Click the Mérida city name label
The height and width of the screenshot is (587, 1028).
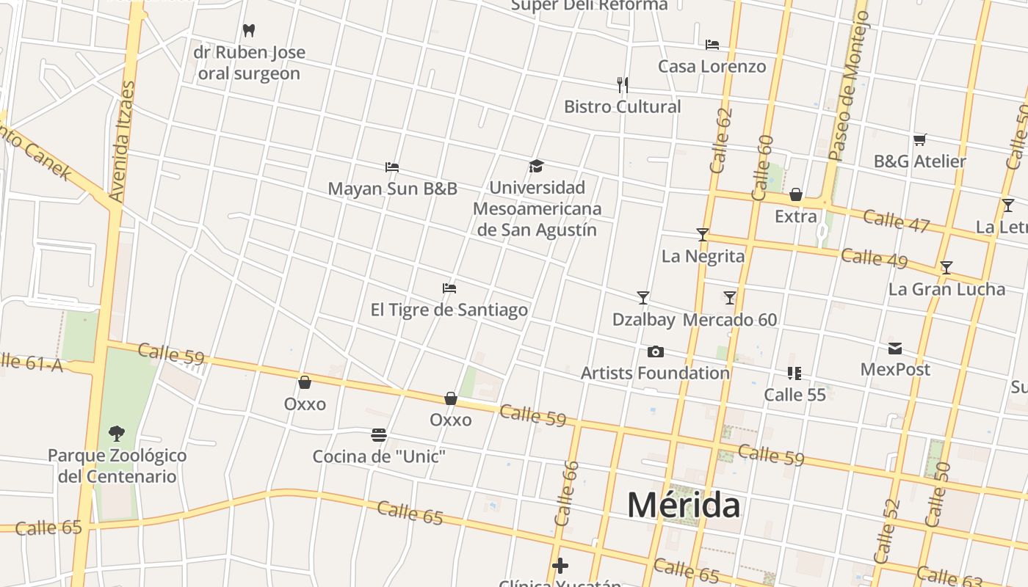[684, 506]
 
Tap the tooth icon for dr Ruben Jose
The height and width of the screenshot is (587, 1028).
[249, 31]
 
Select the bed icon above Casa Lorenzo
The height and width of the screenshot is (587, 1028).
[712, 45]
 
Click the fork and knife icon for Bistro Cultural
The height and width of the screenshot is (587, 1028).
[623, 85]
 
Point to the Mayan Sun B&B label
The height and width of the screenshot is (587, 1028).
[392, 189]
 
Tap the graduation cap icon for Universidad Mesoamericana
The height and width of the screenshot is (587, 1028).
[536, 167]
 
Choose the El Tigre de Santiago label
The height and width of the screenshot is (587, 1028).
[449, 310]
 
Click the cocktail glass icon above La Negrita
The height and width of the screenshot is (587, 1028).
[703, 235]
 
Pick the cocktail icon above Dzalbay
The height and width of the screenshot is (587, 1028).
[643, 298]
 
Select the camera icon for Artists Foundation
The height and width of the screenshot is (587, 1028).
[656, 352]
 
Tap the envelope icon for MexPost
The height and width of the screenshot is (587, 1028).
[895, 349]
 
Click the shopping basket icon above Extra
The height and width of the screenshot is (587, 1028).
[795, 195]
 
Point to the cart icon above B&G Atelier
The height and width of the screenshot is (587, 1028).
[919, 139]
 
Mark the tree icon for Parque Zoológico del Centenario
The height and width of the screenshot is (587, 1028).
[116, 434]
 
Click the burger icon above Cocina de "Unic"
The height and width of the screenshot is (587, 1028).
[379, 435]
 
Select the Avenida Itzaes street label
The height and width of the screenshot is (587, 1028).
[122, 142]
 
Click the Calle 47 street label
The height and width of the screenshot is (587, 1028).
[896, 220]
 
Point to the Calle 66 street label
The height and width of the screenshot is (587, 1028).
[566, 493]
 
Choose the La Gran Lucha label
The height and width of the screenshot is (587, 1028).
[946, 289]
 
